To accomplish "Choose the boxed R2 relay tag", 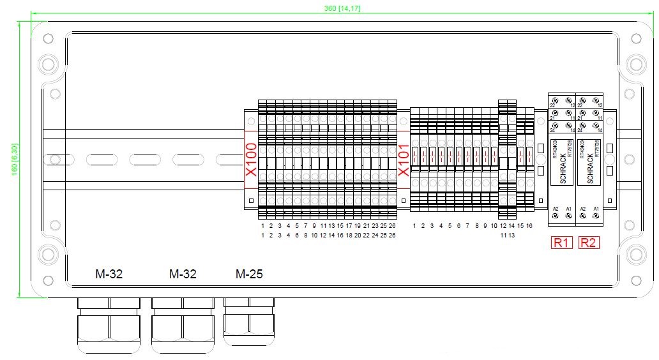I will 589,243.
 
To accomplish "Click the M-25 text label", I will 249,274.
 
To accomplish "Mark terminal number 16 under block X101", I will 529,226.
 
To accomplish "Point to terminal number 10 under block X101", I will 494,226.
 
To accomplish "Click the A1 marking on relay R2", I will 596,209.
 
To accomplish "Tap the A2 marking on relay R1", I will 556,209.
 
